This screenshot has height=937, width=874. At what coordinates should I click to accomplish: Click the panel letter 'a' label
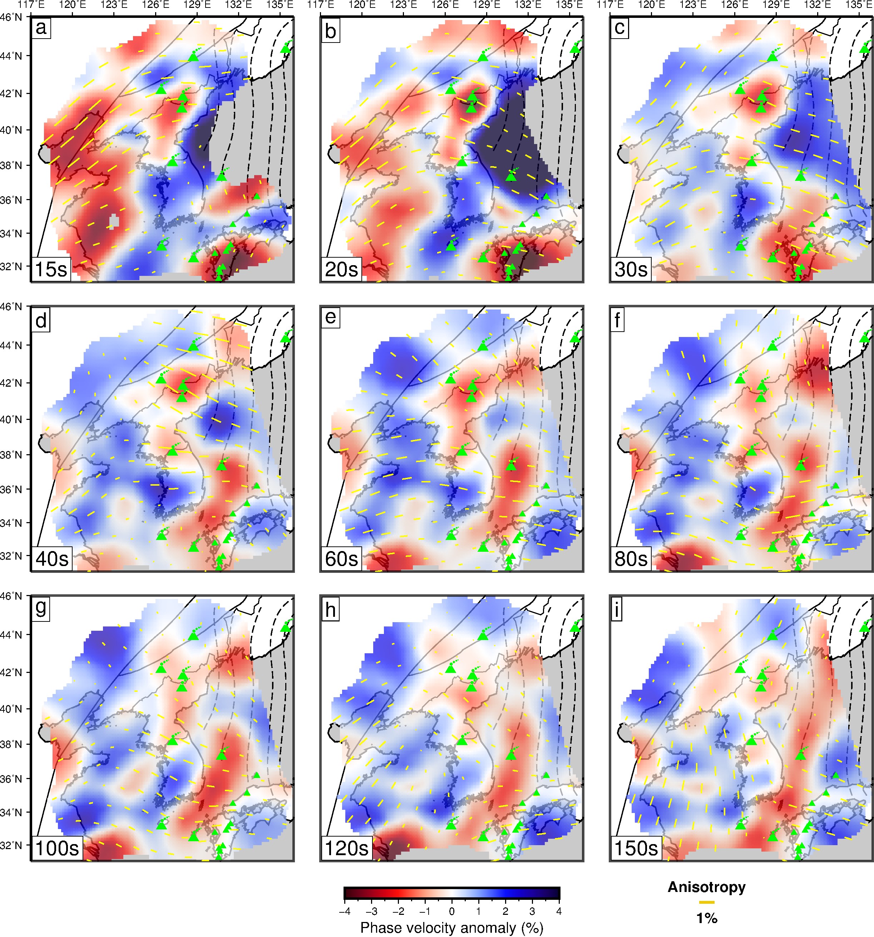[41, 28]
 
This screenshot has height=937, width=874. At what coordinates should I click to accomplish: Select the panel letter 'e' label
[330, 317]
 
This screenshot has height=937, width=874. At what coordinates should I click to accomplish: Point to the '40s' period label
[52, 559]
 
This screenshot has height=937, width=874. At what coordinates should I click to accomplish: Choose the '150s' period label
[636, 848]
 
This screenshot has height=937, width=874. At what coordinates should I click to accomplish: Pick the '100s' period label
[58, 848]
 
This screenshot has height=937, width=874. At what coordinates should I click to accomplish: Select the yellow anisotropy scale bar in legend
[707, 902]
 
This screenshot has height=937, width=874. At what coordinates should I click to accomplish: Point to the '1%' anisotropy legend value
[707, 918]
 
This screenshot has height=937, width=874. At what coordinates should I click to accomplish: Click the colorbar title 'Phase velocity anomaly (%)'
[451, 928]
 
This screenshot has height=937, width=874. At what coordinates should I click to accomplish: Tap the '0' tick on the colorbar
[451, 912]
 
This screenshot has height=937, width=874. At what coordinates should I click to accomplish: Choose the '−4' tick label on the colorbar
[345, 912]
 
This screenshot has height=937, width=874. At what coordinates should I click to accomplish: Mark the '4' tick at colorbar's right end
[559, 912]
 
